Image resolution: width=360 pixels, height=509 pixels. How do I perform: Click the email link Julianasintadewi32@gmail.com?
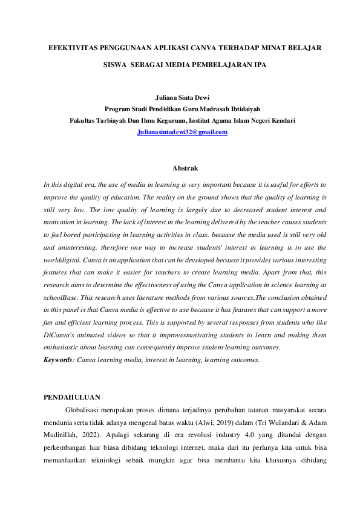183,132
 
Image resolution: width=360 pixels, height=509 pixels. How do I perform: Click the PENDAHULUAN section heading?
72,397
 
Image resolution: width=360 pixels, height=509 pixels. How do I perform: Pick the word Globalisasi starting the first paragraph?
86,409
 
